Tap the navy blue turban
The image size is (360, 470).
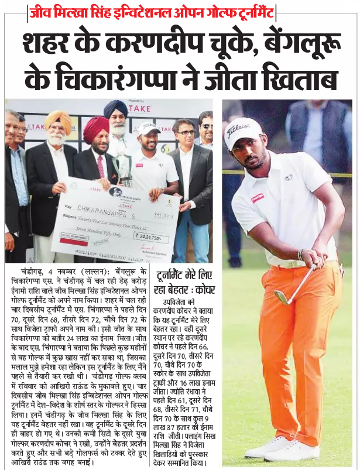coord(115,108)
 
